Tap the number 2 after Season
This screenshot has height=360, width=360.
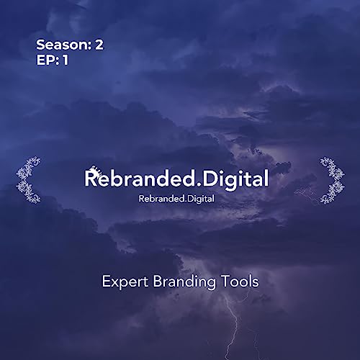(x=99, y=45)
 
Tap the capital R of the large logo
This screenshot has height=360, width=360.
(x=92, y=178)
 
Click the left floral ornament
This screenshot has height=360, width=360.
(x=28, y=179)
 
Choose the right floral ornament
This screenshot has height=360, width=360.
(x=332, y=179)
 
